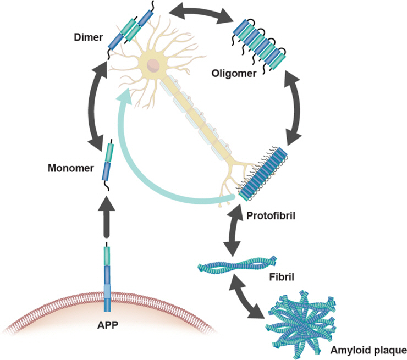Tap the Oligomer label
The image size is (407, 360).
(x=235, y=73)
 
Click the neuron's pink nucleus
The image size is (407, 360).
(x=154, y=65)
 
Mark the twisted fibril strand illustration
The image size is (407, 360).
(x=237, y=265)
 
